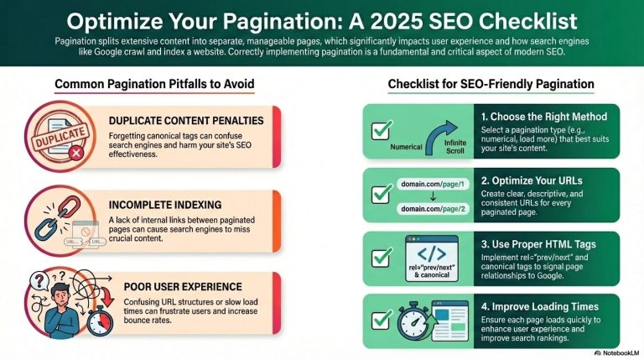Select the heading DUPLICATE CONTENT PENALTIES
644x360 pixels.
186,121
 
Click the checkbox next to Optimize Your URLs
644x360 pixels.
382,191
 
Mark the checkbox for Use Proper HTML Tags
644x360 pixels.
382,252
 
